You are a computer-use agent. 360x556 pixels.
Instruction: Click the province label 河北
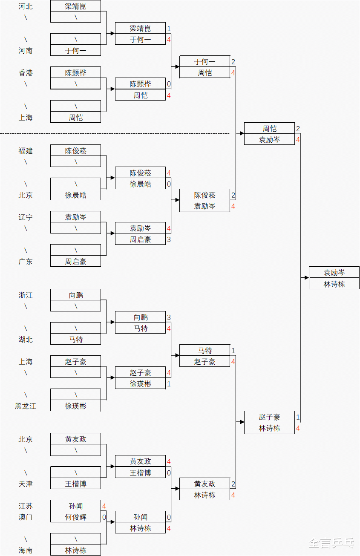coord(26,6)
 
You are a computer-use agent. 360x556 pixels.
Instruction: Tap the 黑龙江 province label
coord(26,406)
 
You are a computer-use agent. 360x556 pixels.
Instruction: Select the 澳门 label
coord(26,517)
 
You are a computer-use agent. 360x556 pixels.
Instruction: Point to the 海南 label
coord(26,550)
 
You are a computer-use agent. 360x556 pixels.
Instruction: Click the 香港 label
coord(26,73)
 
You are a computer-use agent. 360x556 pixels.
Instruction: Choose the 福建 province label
coord(26,150)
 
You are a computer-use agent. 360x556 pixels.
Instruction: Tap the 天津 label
coord(26,484)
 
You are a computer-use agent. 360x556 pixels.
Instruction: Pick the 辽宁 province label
coord(26,217)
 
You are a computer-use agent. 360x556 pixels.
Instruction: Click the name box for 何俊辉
coord(76,517)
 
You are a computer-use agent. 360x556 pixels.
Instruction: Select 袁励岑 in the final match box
coord(334,273)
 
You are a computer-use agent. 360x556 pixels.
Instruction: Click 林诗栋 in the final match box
coord(334,284)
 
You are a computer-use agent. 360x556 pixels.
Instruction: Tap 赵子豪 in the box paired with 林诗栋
coord(269,417)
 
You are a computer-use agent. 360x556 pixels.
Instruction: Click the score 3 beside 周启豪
coord(169,239)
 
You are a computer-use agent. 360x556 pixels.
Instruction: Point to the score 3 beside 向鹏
coord(169,317)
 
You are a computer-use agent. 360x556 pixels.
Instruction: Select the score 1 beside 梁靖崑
coord(169,29)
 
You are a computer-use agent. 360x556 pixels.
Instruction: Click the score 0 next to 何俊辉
coord(104,517)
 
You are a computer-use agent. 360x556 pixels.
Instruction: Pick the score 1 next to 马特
coord(233,351)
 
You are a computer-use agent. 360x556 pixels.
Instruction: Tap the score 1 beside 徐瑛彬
coord(169,384)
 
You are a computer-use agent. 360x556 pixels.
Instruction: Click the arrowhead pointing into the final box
coord(306,278)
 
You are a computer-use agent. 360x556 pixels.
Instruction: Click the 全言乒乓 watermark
coord(331,543)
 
